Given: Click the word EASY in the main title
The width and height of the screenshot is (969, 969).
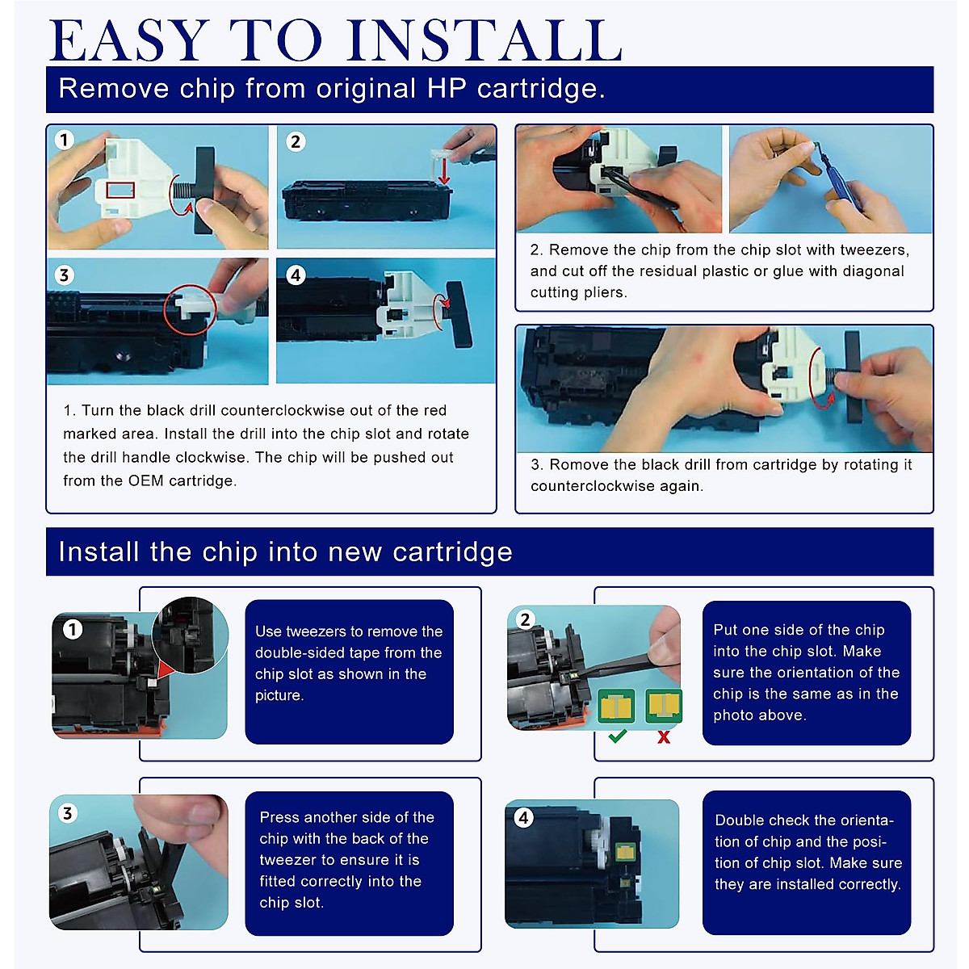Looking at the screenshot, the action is (128, 40).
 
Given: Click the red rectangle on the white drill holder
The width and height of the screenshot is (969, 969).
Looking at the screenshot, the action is (120, 190).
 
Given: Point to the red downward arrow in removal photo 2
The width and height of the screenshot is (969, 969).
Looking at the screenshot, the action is (443, 172).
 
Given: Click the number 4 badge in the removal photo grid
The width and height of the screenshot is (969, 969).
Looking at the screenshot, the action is (296, 275).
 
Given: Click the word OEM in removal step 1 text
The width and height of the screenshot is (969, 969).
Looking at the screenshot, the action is (146, 480).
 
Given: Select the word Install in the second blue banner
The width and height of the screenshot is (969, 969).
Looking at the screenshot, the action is (99, 552).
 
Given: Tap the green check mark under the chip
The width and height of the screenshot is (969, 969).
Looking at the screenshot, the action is (617, 736).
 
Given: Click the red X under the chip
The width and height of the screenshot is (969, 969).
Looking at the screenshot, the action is (664, 737).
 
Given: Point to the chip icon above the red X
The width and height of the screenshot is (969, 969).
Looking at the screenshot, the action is (663, 706).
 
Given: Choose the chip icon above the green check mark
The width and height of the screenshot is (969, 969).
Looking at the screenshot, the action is (616, 706).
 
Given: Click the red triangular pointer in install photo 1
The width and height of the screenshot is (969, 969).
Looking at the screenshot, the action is (166, 669).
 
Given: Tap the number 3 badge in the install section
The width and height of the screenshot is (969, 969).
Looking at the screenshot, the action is (67, 813).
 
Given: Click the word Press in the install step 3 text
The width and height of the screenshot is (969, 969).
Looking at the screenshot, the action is (279, 817).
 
